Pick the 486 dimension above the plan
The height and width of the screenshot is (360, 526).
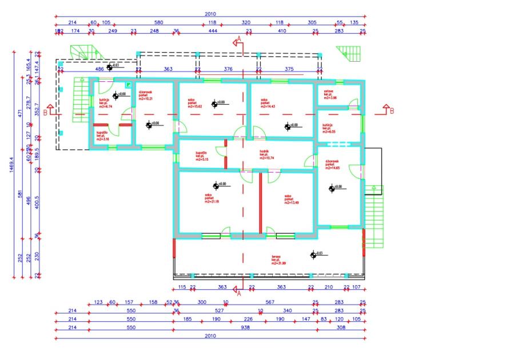point(99,69)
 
